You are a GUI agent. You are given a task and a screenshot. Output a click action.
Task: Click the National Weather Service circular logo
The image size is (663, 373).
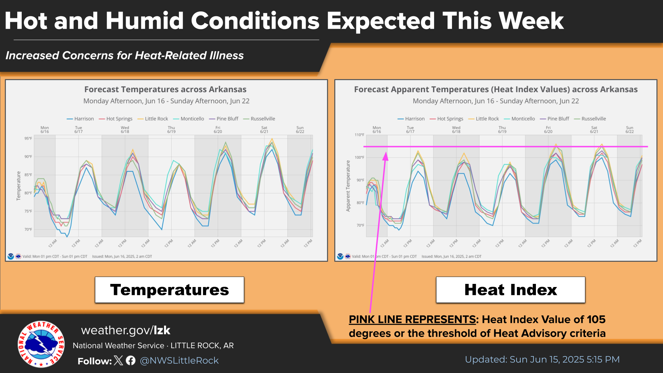point(41,344)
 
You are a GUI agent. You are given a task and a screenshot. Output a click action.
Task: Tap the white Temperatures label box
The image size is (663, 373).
point(170,290)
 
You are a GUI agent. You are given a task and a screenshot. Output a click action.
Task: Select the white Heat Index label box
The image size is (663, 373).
point(510,290)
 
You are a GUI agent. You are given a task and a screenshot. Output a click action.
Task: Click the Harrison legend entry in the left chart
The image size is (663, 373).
point(80,119)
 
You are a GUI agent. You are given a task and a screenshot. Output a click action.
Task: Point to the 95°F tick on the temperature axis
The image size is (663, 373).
point(28,138)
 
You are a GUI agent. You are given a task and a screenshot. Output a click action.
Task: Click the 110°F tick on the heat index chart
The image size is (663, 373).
point(359,135)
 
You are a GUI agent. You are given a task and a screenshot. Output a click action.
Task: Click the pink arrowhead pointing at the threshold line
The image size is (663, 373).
point(385,156)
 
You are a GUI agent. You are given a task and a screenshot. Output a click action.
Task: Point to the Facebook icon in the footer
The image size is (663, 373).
point(131,361)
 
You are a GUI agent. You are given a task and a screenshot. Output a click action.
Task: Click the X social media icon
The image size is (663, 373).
point(118,361)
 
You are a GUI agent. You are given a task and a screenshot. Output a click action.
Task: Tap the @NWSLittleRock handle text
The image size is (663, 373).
point(179,361)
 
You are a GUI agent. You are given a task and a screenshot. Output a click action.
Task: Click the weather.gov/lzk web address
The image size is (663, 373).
point(126,330)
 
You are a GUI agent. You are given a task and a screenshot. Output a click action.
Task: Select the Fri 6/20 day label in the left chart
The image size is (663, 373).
point(218,130)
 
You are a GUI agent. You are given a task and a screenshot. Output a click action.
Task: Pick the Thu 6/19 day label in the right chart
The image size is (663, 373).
point(502,130)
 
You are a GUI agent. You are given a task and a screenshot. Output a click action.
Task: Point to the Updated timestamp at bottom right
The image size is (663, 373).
point(542,360)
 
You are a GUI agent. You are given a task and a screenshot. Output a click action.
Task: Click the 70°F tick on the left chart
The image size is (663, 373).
point(28,229)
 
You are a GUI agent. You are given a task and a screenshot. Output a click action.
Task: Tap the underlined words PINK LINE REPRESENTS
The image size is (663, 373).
point(412,319)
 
